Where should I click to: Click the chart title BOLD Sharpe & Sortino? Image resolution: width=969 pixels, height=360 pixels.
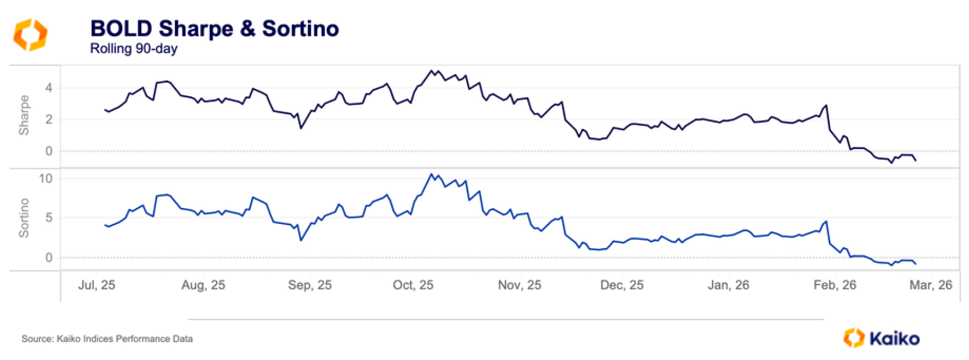pos(214,29)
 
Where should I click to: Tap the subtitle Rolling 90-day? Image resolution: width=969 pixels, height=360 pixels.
pos(134,49)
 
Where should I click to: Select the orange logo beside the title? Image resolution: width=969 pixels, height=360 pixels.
pos(30,34)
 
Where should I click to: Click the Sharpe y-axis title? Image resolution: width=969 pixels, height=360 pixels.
pos(24,115)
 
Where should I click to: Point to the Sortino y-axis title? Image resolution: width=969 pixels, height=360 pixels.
pos(24,218)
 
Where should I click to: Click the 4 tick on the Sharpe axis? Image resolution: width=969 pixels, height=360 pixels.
pos(49,88)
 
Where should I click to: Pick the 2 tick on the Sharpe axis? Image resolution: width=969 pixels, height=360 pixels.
pos(49,119)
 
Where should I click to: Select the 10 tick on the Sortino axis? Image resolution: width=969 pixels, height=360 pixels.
pos(46,179)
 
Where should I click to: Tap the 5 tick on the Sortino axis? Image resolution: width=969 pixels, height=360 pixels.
pos(49,218)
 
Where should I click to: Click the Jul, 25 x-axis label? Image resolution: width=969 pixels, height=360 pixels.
pos(96,285)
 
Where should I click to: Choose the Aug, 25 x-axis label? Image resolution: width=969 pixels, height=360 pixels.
pos(203,285)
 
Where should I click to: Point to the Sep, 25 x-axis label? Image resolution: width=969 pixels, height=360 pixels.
pos(309,285)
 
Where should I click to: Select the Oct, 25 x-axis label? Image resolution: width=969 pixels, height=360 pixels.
pos(413,285)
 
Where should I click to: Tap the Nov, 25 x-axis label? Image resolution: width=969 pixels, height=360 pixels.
pos(519,285)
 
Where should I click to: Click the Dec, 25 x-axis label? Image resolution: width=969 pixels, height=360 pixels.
pos(622,285)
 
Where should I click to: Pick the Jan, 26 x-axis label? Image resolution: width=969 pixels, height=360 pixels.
pos(728,285)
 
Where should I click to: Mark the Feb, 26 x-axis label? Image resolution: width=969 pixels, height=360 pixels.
pos(835,285)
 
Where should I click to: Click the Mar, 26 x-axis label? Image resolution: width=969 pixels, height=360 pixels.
pos(931,285)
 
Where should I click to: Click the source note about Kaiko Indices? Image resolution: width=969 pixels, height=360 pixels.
pos(107,339)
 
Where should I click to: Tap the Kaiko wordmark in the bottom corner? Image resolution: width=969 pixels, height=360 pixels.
pos(894,338)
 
